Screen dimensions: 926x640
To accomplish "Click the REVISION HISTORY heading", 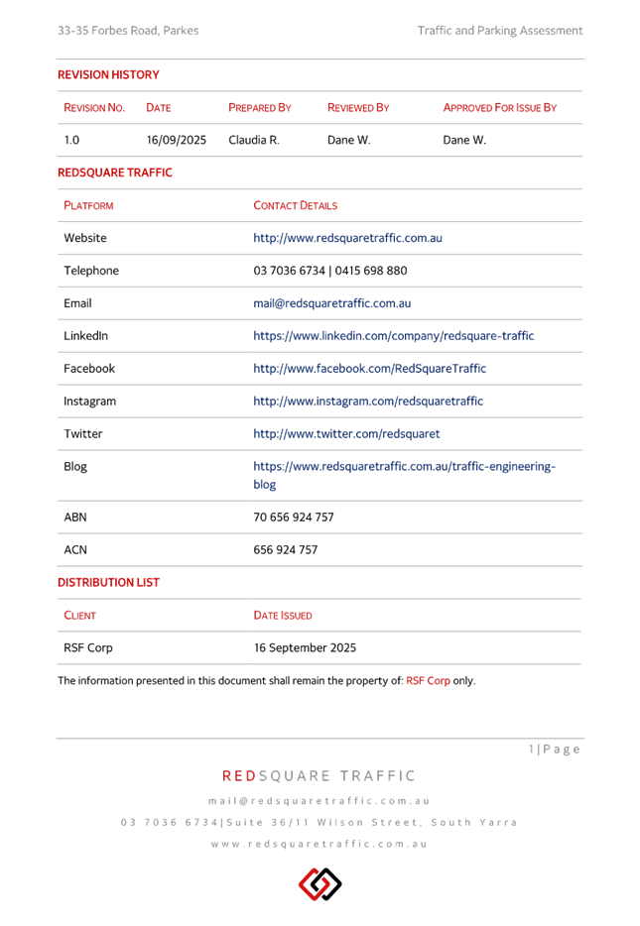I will [107, 74].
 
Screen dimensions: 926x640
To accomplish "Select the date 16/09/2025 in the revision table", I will [176, 140].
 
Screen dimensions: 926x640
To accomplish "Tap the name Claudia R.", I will [254, 140].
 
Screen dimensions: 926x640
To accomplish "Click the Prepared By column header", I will [260, 107].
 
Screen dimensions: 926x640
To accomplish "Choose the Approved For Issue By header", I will [499, 107].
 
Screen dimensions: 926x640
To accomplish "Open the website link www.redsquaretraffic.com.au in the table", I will [346, 238].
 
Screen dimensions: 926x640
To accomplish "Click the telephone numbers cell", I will [329, 271].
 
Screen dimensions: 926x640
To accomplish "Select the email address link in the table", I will [330, 303].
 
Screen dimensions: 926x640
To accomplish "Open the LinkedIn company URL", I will [393, 336].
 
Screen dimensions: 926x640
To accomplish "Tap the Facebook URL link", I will [369, 369].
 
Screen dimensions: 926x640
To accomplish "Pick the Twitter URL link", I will [346, 434].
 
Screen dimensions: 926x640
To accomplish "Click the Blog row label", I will [75, 467].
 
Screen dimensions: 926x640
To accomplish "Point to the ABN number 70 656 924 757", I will [293, 518].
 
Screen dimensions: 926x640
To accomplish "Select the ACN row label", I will [74, 550].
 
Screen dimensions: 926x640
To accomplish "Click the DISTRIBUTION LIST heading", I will [108, 583].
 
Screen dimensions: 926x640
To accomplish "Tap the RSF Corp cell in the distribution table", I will [87, 648].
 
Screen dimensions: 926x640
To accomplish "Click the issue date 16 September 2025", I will [305, 648].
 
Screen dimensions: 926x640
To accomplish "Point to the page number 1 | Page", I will [553, 750].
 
